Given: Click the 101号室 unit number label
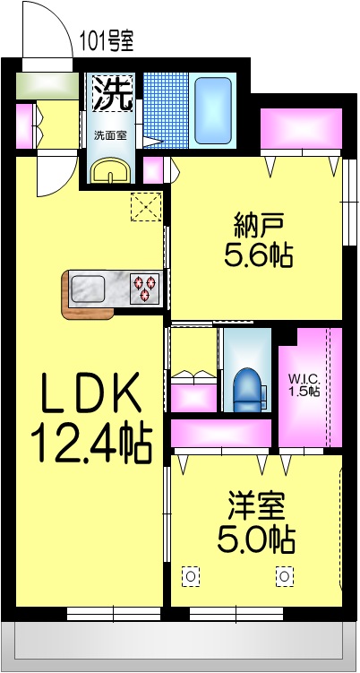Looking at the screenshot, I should (x=107, y=39).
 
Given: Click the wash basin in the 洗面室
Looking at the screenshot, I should (x=112, y=170).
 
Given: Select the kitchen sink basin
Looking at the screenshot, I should (x=89, y=289).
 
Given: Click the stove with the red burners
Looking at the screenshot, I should (x=144, y=289).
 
